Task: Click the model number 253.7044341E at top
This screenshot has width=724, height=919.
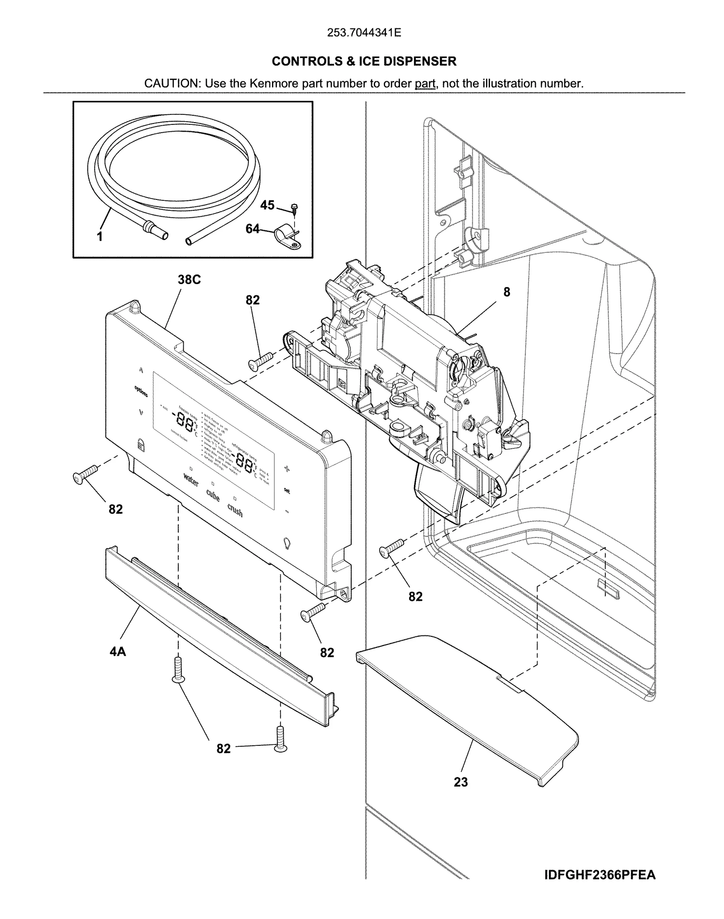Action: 364,33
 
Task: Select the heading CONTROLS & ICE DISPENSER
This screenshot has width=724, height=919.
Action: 364,61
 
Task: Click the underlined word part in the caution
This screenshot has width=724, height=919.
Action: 425,84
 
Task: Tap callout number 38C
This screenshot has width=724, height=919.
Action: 189,279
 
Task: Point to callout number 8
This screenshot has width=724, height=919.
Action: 506,292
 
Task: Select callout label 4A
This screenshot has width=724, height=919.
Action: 118,651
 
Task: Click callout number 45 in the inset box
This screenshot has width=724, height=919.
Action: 267,205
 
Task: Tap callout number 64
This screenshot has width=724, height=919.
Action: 252,229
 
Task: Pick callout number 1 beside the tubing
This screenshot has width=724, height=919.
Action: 100,236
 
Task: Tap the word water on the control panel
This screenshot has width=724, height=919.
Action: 191,479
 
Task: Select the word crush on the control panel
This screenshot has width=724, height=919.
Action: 235,511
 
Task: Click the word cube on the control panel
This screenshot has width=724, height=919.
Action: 213,495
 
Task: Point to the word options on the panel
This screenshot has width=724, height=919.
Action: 141,392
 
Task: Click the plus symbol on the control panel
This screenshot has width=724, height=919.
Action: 286,468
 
